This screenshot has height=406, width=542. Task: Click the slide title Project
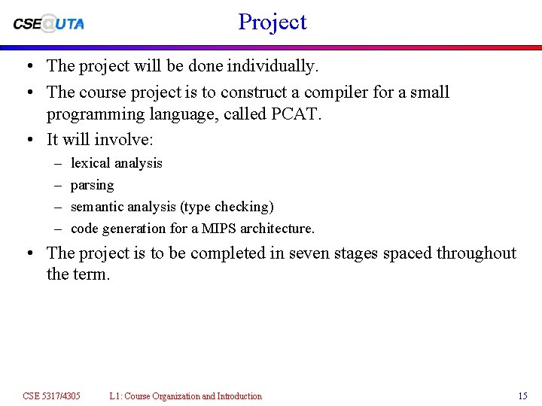click(x=273, y=23)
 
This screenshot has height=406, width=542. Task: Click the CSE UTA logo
click(x=49, y=23)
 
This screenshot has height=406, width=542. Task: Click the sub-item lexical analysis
click(x=116, y=163)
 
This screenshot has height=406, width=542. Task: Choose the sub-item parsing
click(x=92, y=185)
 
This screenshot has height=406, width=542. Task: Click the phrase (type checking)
click(x=227, y=207)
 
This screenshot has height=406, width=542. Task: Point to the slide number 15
click(x=522, y=396)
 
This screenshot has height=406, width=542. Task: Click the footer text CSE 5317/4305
click(x=51, y=396)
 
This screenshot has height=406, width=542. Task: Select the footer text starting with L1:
click(x=185, y=396)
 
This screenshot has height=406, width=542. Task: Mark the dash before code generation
click(x=59, y=229)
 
